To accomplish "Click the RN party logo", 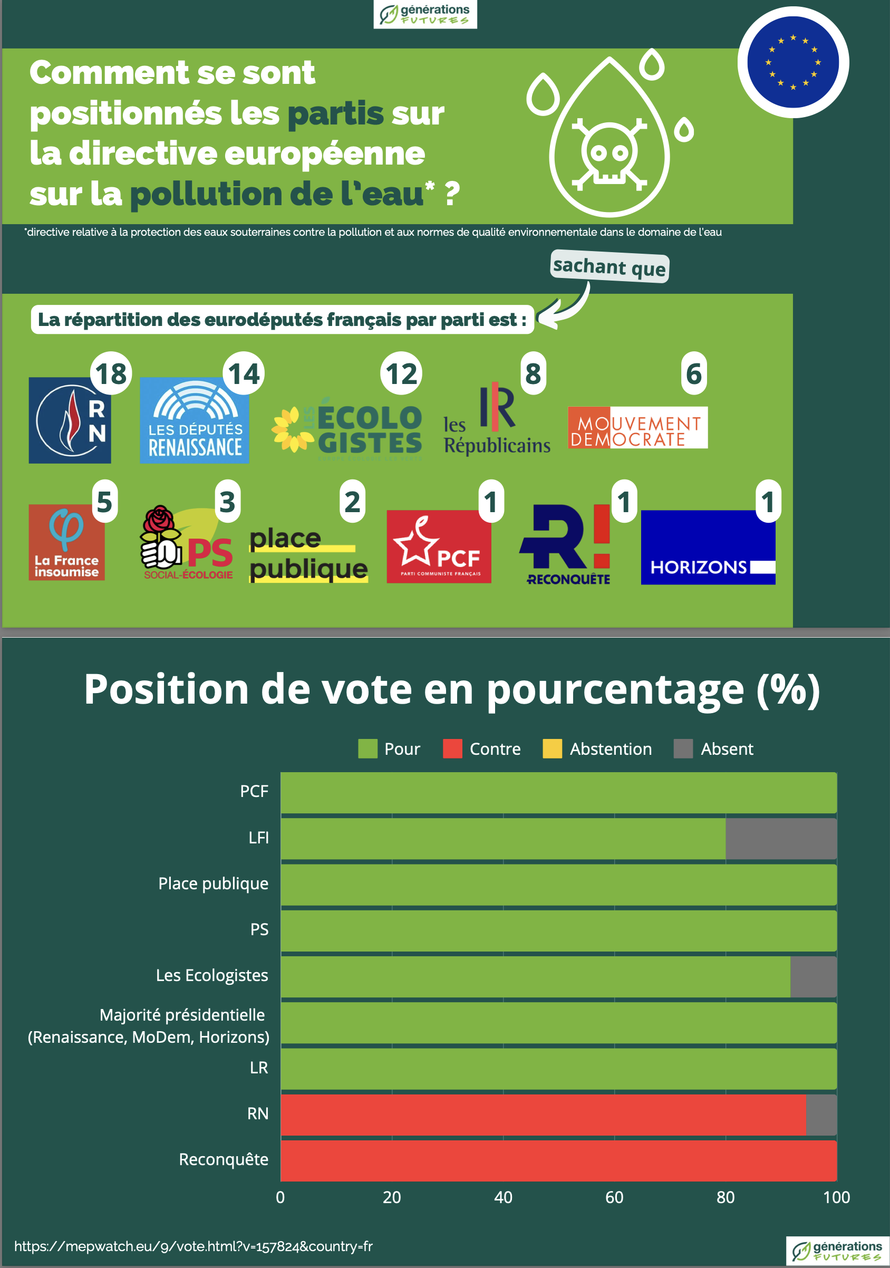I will (x=70, y=420).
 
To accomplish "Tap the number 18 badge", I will (x=111, y=373).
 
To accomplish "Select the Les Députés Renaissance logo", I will (x=195, y=421).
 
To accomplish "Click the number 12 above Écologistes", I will (x=401, y=373).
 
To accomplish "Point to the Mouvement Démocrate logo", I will (x=637, y=427).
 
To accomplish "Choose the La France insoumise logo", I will (x=67, y=542).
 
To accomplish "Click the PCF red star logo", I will (x=439, y=546).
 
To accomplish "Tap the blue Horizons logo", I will (x=708, y=547).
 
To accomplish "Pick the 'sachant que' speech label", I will (x=610, y=267).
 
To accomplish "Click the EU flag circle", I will (x=793, y=62).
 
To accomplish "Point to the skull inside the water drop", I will (x=609, y=152).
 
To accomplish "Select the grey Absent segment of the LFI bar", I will (x=781, y=838).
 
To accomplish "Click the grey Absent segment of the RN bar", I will (x=821, y=1114).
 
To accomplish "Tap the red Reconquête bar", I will (x=558, y=1160).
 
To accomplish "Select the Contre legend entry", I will (x=482, y=749).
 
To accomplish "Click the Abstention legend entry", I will (x=597, y=749).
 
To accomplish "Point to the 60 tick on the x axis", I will (x=614, y=1197).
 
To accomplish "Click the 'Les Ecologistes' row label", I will (x=212, y=975).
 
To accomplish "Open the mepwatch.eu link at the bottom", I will (x=194, y=1246).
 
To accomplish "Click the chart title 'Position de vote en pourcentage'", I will (x=452, y=689).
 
